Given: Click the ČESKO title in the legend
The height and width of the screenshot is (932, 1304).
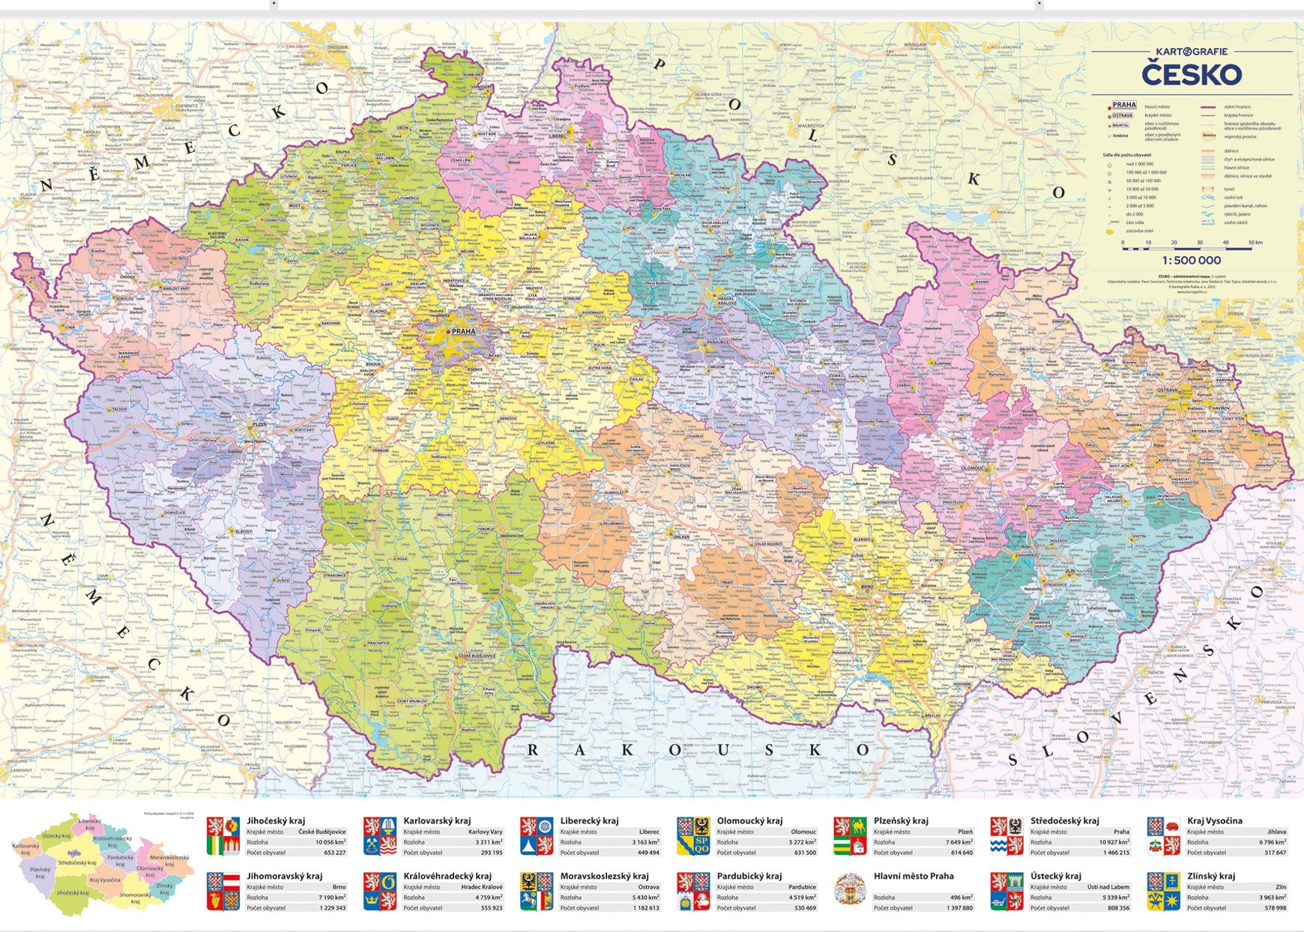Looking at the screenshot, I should [x=1192, y=75].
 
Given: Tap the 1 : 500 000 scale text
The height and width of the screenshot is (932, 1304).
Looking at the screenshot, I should [x=1192, y=260].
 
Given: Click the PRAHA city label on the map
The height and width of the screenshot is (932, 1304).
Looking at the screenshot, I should [x=463, y=331].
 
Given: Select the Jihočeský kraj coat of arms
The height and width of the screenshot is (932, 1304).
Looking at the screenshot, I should [x=223, y=836].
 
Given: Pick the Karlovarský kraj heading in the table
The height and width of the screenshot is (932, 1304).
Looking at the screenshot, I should [x=437, y=820].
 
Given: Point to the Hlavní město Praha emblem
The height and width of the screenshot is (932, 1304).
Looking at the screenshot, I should [x=851, y=892].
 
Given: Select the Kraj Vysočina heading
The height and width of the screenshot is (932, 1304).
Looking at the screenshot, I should [x=1215, y=820].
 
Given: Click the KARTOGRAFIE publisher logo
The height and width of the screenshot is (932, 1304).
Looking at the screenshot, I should [x=1192, y=52].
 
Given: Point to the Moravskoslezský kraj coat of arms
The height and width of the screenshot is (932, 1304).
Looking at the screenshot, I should [x=537, y=892].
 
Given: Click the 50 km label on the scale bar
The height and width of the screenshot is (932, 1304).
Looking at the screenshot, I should [x=1255, y=243].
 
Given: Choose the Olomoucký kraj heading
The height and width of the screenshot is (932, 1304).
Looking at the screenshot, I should [x=749, y=820].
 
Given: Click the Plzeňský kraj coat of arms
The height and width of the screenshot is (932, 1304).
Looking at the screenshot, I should [x=851, y=836].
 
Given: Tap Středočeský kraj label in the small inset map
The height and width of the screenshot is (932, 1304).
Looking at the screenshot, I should [x=76, y=863].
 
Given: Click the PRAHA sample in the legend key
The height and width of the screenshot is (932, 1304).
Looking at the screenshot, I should [x=1124, y=106].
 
